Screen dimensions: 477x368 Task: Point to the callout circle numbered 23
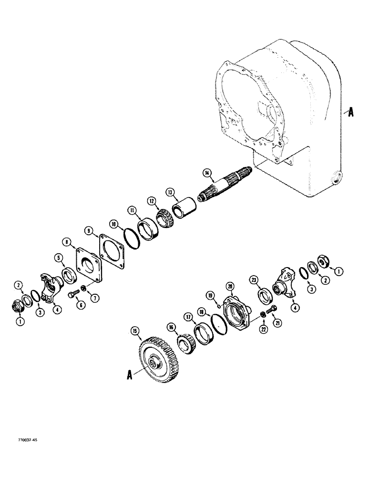click(254, 280)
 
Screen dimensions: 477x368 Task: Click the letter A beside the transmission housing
click(351, 113)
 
